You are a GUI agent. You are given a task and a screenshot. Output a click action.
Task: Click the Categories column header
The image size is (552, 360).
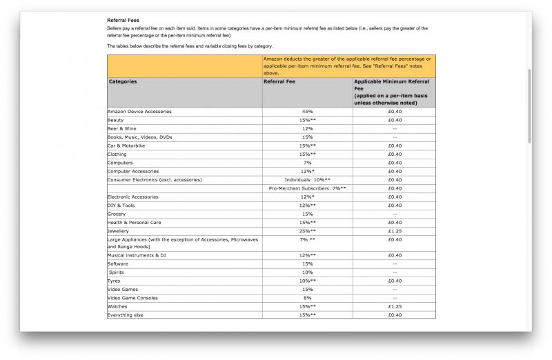coord(123,81)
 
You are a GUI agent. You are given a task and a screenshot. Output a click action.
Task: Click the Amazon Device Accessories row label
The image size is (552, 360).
coord(139,112)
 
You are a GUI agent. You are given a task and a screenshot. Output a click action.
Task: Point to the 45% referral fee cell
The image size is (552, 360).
coord(308,112)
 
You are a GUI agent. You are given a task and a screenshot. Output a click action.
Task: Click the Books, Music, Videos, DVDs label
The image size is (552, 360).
coord(140,137)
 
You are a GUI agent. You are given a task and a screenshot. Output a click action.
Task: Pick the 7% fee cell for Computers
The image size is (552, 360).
coord(308,163)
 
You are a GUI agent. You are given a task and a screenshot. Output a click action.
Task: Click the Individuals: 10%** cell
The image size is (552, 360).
coord(308,180)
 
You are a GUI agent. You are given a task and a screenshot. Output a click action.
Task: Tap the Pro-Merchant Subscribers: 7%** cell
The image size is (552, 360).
coord(308,188)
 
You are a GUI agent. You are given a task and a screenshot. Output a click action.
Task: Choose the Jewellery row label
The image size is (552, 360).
coord(119,231)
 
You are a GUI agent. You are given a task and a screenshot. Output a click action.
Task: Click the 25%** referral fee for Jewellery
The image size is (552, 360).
coord(308,231)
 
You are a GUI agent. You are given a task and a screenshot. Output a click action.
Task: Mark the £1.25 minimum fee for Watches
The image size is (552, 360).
coord(395,307)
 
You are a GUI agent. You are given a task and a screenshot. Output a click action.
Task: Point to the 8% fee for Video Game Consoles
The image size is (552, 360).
coord(308,298)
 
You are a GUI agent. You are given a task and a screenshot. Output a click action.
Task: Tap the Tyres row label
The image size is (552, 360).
coord(114,281)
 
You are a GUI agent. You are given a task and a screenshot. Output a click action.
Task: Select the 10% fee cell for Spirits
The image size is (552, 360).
coord(308,272)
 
